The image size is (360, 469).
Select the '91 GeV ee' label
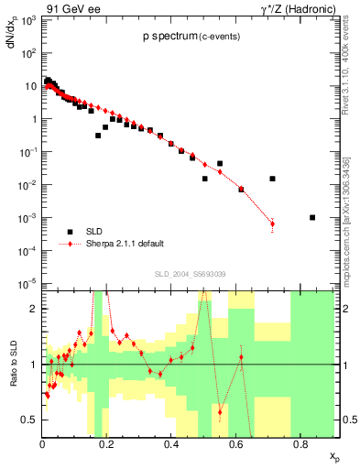(67, 8)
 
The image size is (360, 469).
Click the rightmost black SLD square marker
(312, 217)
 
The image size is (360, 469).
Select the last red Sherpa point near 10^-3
(272, 224)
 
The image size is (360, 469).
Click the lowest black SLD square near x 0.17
(98, 135)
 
